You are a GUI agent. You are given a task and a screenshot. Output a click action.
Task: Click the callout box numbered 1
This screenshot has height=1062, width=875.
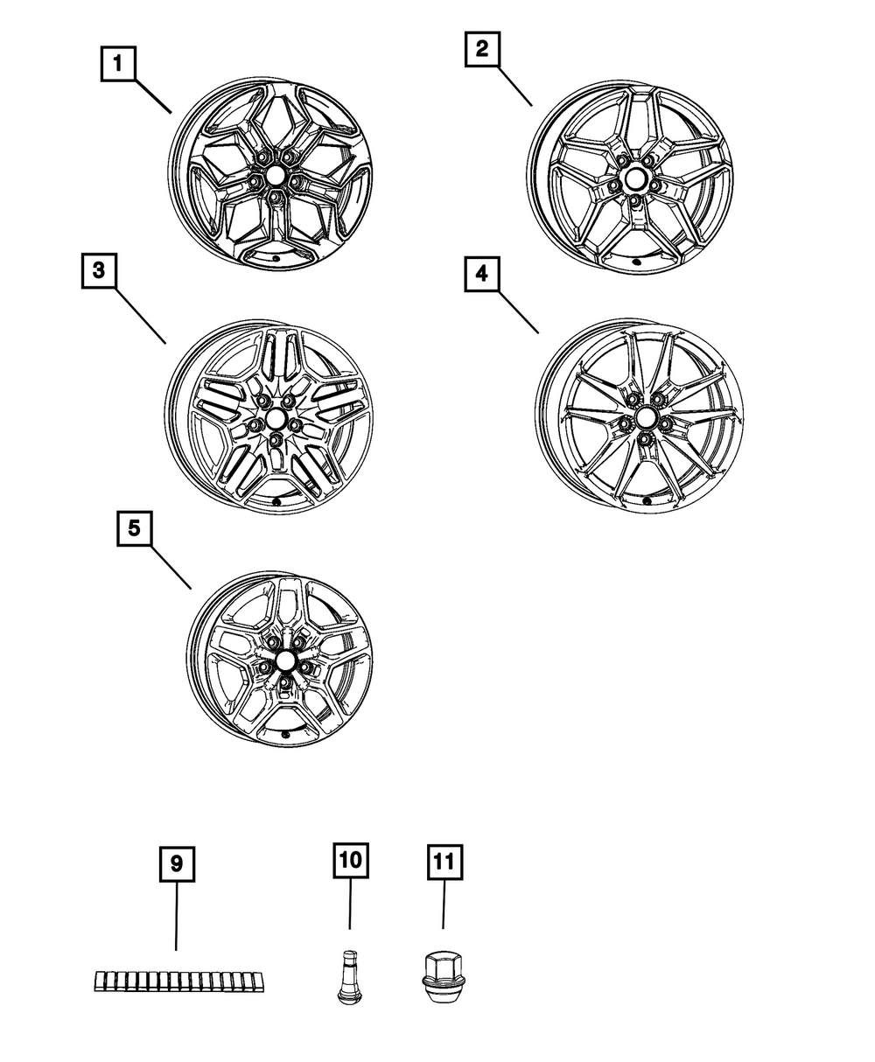click(x=118, y=64)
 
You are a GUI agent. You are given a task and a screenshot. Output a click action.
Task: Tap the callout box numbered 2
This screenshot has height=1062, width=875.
click(x=482, y=49)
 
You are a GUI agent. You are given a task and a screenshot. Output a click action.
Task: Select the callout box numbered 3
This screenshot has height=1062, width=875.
click(x=99, y=271)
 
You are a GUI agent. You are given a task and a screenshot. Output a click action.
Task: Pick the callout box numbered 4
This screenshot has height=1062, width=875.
click(x=482, y=274)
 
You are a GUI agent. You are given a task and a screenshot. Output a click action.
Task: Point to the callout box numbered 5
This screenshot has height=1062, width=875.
click(x=134, y=528)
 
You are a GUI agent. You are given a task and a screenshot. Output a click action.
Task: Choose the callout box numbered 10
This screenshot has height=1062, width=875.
click(x=351, y=861)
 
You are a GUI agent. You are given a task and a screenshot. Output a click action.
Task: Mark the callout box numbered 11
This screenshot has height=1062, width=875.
click(x=445, y=863)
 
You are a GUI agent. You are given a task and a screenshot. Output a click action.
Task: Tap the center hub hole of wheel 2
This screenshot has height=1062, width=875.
click(x=635, y=179)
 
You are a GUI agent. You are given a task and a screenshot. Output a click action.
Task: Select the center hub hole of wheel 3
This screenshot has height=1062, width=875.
click(x=276, y=419)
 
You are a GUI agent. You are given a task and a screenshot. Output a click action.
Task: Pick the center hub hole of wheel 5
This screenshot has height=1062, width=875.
click(x=285, y=660)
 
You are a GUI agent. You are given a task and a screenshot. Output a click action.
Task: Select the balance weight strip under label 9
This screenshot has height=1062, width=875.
click(x=179, y=981)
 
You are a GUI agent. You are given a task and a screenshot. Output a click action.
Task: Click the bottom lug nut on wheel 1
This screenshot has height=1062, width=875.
click(x=276, y=198)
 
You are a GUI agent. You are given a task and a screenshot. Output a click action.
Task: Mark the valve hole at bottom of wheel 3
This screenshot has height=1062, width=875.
click(x=277, y=502)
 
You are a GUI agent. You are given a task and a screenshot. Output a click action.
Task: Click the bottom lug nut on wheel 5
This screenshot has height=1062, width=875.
click(x=286, y=682)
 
